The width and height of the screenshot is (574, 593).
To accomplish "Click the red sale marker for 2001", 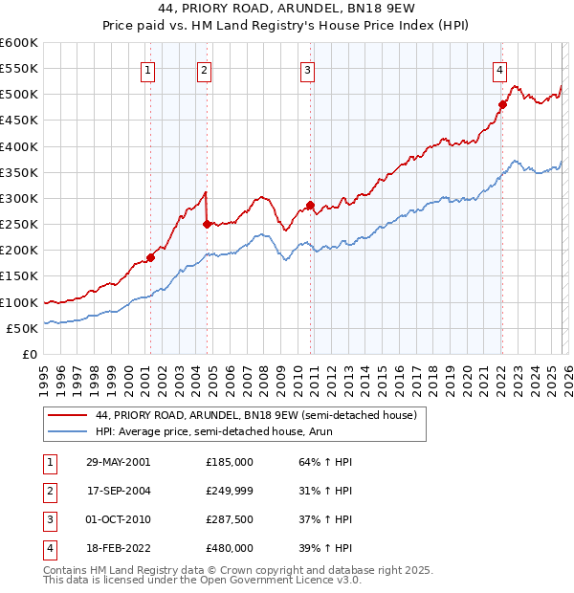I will click(150, 257).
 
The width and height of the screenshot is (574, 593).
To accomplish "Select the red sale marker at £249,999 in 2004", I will click(207, 224).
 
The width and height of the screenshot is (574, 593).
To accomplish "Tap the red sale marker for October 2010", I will click(310, 205).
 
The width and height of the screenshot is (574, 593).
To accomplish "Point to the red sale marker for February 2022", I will click(502, 104).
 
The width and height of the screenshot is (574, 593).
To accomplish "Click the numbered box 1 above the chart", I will click(149, 69).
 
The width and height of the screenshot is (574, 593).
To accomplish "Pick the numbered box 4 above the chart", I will click(500, 69).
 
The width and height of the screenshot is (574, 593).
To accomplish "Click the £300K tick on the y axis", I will click(19, 198).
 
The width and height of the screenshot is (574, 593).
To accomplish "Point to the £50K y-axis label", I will click(22, 328).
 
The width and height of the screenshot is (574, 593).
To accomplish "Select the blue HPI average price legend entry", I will click(225, 432).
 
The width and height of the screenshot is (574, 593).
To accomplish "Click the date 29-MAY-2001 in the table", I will click(118, 461).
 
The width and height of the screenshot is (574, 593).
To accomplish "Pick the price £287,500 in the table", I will click(230, 521).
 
